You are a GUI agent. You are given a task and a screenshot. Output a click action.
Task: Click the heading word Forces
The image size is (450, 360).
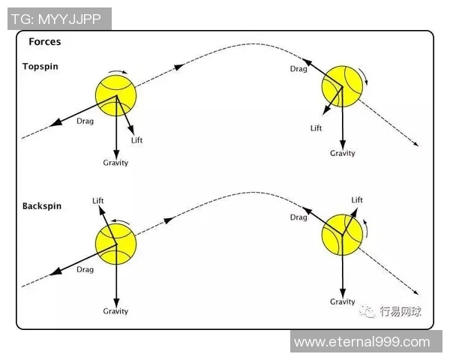click(45, 42)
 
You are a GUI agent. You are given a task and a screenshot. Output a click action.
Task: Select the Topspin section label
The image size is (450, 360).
click(40, 67)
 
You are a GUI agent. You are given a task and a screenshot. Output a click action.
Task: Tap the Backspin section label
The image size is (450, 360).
click(43, 205)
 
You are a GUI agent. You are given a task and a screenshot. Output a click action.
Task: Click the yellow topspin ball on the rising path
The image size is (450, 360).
click(116, 94)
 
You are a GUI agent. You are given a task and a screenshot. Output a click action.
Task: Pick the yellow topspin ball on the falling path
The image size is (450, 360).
click(341, 85)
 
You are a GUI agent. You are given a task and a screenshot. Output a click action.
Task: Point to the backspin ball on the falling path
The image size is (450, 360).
click(341, 233)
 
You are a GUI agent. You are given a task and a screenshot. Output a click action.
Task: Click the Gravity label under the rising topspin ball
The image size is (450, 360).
click(115, 163)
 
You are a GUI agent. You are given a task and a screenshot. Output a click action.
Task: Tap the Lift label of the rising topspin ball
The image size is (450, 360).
click(136, 140)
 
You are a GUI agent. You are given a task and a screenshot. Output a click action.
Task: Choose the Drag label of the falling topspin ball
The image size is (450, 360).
click(298, 69)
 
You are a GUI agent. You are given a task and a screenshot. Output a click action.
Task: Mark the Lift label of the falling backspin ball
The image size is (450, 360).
click(357, 200)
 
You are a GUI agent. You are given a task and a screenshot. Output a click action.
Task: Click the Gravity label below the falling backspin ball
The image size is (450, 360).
click(343, 301)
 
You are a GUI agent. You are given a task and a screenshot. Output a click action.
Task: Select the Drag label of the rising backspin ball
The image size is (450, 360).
click(85, 269)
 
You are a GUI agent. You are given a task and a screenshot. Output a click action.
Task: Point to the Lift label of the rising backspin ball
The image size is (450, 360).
click(98, 200)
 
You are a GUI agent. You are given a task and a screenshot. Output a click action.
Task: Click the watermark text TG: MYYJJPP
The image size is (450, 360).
click(59, 17)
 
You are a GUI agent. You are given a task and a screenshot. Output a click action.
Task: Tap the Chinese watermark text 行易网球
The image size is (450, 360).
click(400, 311)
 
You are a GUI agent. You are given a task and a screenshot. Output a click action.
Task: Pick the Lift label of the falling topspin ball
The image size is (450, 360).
click(316, 128)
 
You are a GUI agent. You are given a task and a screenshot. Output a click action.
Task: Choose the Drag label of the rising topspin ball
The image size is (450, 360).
click(85, 121)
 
